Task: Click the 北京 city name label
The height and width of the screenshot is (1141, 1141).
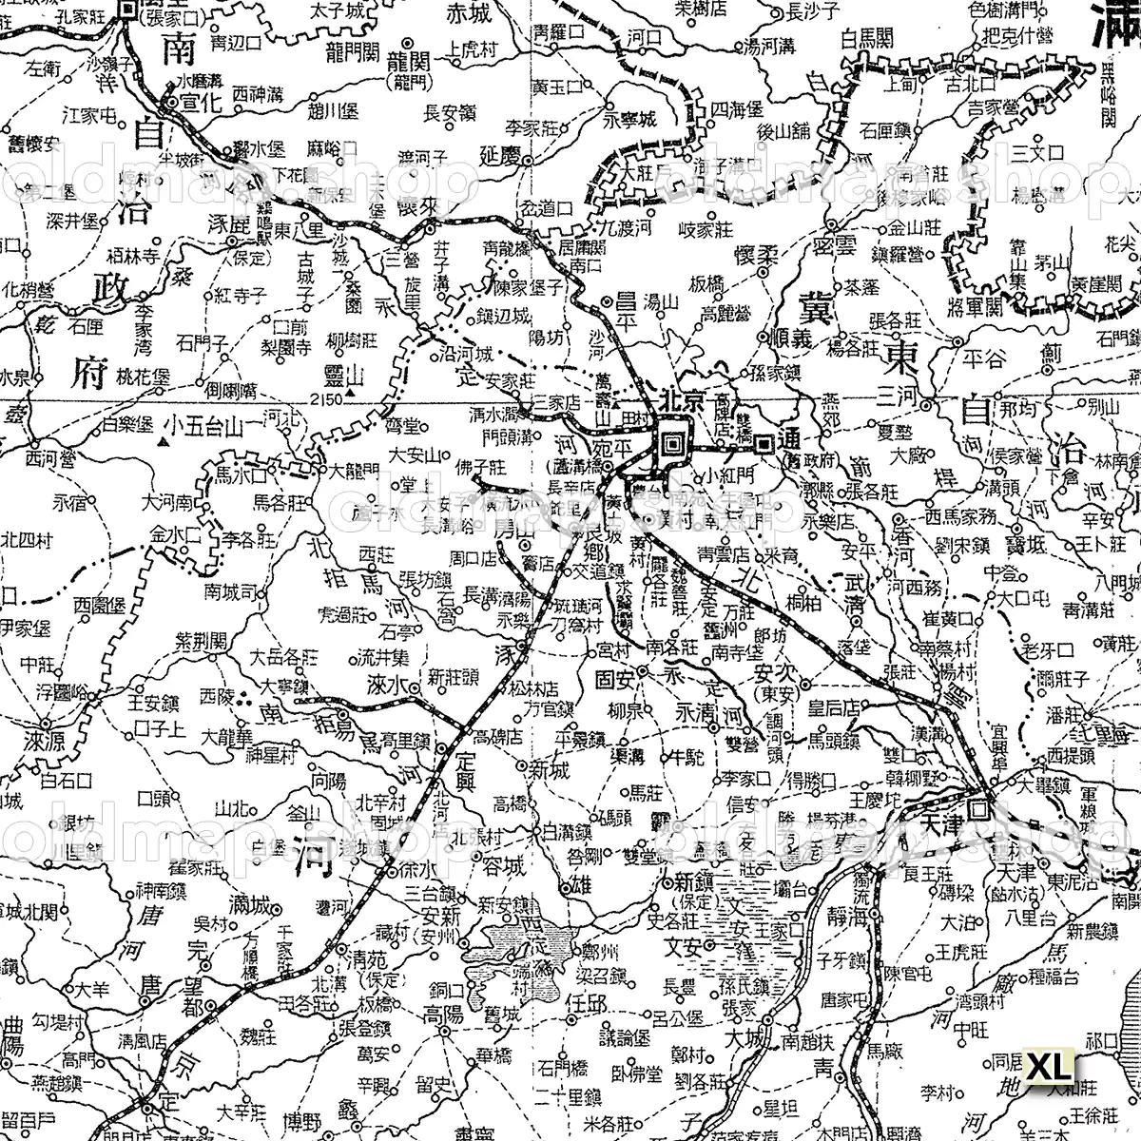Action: pyautogui.click(x=686, y=401)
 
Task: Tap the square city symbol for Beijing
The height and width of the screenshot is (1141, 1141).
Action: pyautogui.click(x=672, y=441)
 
